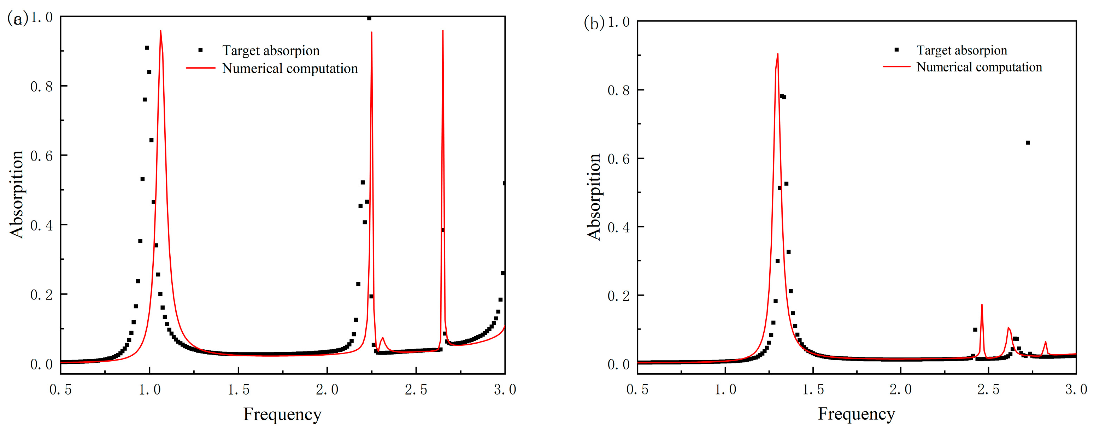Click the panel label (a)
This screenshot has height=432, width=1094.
coord(17,19)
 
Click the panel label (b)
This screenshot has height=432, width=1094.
coord(594,23)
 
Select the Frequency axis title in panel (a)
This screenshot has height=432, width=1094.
coord(282,414)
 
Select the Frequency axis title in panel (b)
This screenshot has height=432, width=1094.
coord(856,414)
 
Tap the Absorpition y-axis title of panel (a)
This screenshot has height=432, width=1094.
coord(16,194)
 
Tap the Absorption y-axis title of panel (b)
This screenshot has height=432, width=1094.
coord(594,197)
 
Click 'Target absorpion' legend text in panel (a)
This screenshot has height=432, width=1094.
coord(271,51)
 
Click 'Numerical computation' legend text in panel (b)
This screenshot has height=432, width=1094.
coord(979,67)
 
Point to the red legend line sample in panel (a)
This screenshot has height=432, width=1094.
coord(200,68)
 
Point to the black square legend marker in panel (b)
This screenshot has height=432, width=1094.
coord(896,50)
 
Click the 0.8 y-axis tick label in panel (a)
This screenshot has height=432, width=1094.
coord(41,87)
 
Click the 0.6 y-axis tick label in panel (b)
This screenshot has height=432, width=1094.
coord(618,159)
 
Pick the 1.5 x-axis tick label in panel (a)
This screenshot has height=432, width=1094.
coord(238,390)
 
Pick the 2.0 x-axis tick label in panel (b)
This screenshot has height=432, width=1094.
coord(900,390)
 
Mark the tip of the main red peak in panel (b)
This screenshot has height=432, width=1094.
coord(778,54)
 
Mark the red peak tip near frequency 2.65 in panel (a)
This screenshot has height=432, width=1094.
coord(443,31)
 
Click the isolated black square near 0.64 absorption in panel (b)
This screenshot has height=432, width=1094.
coord(1027,143)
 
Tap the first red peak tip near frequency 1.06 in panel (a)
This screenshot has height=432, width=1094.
coord(160,31)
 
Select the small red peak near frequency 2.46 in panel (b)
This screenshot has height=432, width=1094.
coord(982,305)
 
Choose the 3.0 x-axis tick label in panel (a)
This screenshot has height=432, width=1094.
coord(505,390)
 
